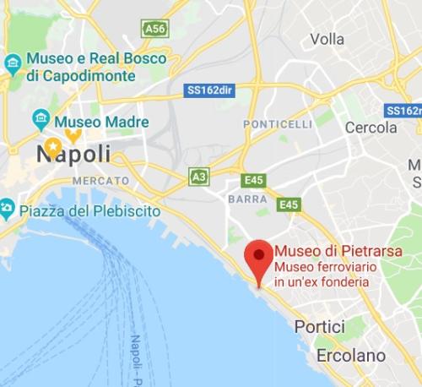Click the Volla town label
click(x=327, y=39)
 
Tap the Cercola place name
click(x=371, y=128)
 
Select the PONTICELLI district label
click(x=278, y=124)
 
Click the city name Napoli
click(x=73, y=154)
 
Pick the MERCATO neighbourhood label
click(x=100, y=181)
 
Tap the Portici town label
click(x=319, y=327)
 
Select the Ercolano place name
click(x=350, y=356)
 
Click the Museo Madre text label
click(x=102, y=122)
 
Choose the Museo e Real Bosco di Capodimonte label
click(x=81, y=68)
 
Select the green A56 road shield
click(x=154, y=30)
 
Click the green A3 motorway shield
click(x=199, y=176)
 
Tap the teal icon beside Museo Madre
click(x=41, y=118)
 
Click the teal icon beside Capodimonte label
click(x=13, y=63)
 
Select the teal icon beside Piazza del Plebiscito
click(x=6, y=207)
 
